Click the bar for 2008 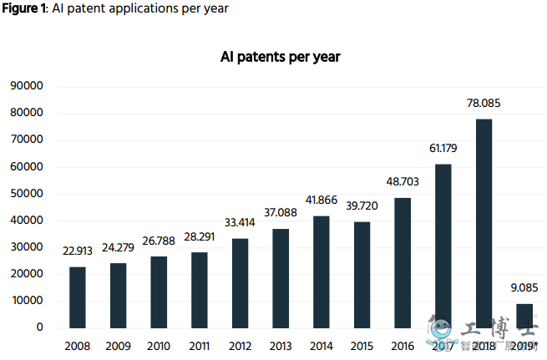pos(77,297)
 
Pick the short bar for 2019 pos(524,315)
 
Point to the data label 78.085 pos(484,104)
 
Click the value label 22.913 pos(77,251)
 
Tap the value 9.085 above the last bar pos(524,288)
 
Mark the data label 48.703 pos(403,181)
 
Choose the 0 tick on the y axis pos(39,327)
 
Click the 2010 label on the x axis pos(159,346)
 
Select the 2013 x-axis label pos(281,346)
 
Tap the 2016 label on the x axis pos(403,346)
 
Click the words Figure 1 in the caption pos(22,8)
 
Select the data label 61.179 pos(443,149)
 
